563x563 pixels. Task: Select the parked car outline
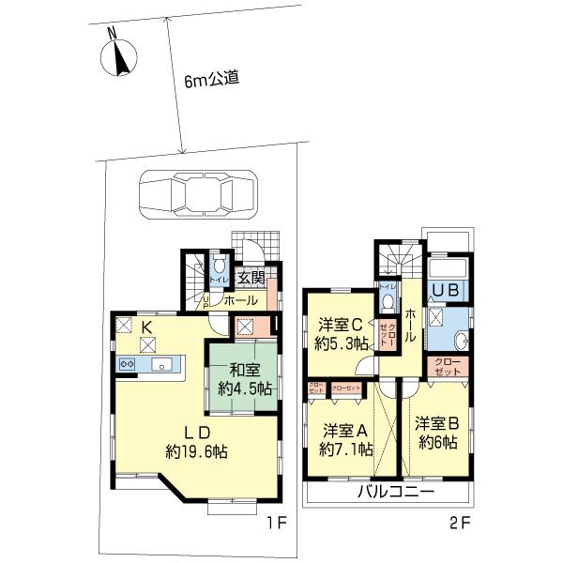click(197, 195)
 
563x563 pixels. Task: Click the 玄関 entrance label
click(250, 278)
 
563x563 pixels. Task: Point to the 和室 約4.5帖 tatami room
click(243, 379)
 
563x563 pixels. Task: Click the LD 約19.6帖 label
click(196, 441)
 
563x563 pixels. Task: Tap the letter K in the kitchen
click(146, 326)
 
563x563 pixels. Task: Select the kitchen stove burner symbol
click(127, 364)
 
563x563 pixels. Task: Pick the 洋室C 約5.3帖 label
click(340, 334)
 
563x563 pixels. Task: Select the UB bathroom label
click(445, 292)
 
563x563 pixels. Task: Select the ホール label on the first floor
click(242, 300)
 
